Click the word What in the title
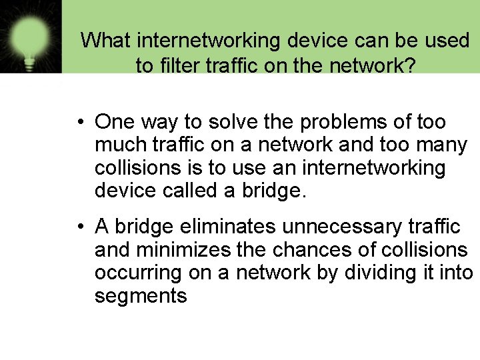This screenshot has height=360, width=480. coord(106,41)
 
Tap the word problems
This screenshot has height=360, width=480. coord(345,122)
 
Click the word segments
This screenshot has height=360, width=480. coord(141,295)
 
